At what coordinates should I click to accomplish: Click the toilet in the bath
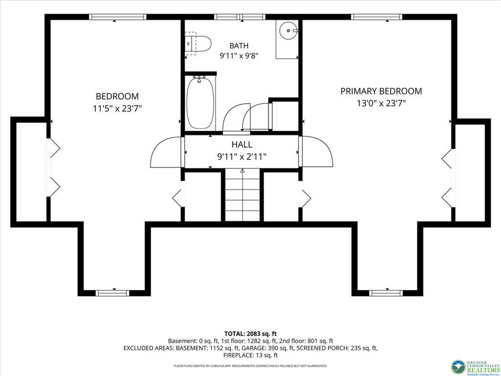click(198, 44)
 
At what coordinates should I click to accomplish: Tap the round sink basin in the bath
click(288, 30)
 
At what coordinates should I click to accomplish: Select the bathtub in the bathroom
click(200, 103)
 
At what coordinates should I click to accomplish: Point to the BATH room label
click(239, 46)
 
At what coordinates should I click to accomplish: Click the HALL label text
click(242, 144)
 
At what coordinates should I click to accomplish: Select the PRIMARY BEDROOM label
click(381, 91)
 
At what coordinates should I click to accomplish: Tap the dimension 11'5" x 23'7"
click(117, 109)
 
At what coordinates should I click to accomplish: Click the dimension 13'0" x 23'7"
click(381, 103)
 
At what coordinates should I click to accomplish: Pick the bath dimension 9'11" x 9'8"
click(239, 56)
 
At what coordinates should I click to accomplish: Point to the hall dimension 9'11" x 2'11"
click(242, 157)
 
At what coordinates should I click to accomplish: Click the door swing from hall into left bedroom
click(166, 152)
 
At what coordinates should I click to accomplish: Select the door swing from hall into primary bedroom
click(317, 152)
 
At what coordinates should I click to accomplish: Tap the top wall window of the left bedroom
click(117, 17)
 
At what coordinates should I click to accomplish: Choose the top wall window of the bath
click(240, 17)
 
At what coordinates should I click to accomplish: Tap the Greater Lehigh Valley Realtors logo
click(476, 367)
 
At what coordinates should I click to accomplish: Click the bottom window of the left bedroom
click(113, 293)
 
